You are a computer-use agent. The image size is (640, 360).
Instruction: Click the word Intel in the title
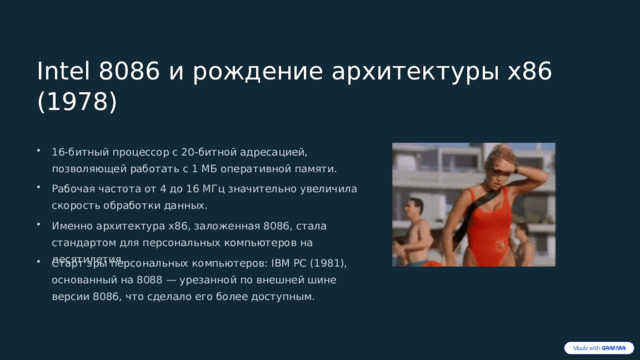coord(62,72)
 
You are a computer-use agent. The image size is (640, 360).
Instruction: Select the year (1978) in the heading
coord(76,102)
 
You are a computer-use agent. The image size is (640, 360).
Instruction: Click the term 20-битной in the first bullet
coord(206,151)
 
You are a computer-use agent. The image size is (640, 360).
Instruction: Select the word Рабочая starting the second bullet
coord(73,188)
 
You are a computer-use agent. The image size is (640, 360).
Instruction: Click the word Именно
coord(72,225)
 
